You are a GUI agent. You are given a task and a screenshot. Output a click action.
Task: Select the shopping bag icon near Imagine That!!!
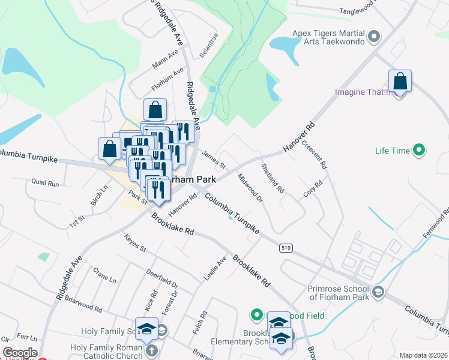coord(400,81)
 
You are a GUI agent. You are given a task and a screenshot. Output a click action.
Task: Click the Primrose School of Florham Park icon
coord(378,292)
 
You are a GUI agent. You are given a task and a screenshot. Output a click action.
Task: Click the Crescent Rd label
coord(315,154)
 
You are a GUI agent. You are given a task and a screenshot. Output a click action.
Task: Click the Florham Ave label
coord(167,80)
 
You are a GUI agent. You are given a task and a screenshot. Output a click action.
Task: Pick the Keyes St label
coord(135,243)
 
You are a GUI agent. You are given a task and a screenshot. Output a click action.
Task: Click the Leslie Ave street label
coord(215,269)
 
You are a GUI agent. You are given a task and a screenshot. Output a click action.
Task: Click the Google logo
coord(19,353)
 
